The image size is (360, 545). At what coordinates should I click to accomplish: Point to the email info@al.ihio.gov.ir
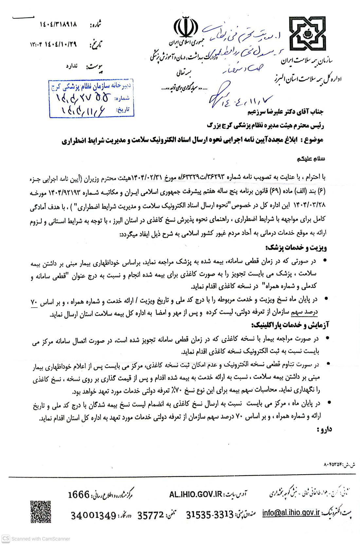(x=291, y=513)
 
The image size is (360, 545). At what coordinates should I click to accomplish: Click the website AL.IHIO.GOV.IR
(x=196, y=494)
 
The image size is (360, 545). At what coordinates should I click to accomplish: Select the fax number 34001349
(x=94, y=515)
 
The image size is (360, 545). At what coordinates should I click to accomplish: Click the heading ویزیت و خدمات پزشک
(x=297, y=248)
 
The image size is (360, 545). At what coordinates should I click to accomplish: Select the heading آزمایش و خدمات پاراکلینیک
(x=289, y=325)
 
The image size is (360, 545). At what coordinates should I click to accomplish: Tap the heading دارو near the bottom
(x=324, y=429)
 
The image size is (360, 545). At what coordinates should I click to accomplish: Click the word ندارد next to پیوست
(x=71, y=66)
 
